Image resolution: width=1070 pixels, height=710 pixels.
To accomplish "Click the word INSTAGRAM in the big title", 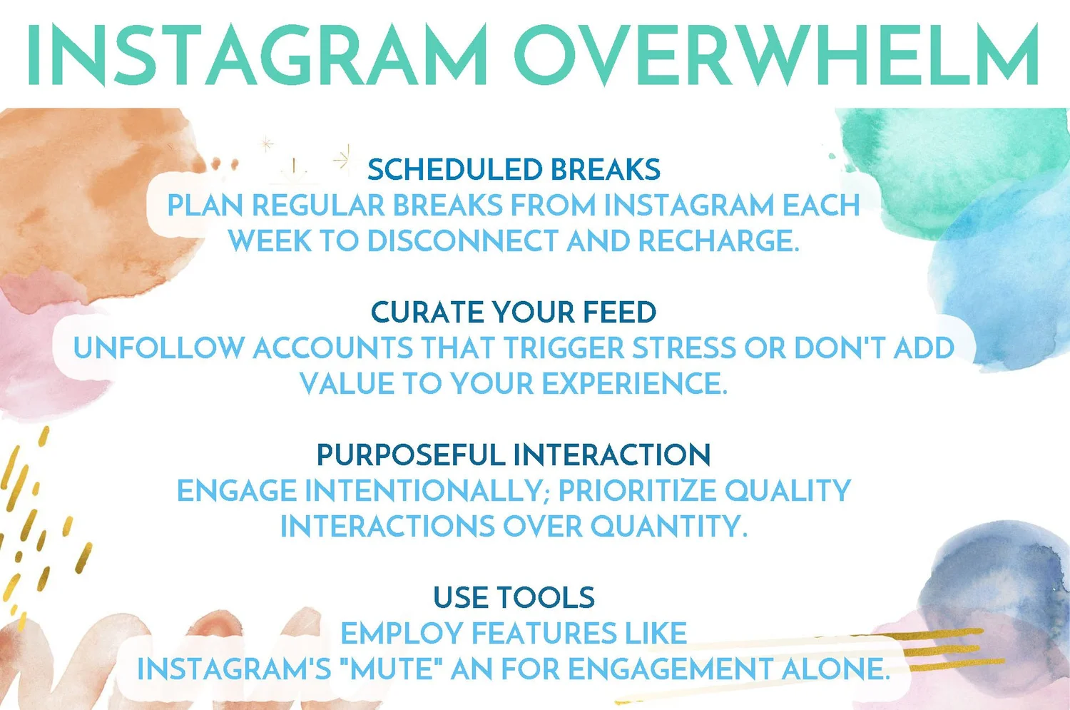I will point(257,55).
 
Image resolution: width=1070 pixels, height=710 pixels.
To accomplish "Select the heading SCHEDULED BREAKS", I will point(514,170).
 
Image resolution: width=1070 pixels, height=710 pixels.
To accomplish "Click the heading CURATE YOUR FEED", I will point(514,313).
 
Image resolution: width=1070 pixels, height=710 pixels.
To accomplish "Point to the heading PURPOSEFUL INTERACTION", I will point(514,455).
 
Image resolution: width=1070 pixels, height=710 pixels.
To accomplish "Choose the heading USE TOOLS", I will point(514,598).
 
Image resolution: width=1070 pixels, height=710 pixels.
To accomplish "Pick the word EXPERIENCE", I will point(635,384).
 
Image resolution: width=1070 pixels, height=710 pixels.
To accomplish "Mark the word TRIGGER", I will point(564,348).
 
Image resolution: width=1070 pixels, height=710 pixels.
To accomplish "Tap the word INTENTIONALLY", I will point(427,491).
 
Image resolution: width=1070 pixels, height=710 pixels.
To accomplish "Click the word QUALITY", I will point(788,491).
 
